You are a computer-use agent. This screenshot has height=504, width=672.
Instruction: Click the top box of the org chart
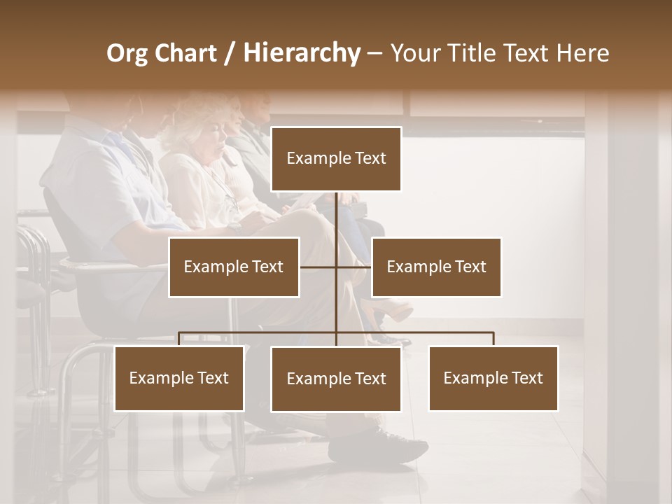[336, 159]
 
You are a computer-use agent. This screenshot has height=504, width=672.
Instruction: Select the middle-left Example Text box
[234, 267]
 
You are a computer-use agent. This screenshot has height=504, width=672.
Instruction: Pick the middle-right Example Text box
[436, 267]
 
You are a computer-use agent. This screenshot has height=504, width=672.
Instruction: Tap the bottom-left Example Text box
[179, 379]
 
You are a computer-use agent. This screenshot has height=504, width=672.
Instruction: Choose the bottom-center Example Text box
[336, 379]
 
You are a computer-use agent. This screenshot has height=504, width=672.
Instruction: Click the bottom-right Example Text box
[493, 379]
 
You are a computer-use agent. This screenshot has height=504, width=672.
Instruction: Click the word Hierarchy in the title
[302, 52]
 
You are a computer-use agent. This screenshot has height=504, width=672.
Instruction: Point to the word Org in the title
[127, 53]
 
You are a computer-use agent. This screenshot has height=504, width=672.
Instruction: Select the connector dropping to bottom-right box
[493, 339]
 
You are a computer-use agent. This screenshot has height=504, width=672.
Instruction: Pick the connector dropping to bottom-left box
[179, 339]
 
